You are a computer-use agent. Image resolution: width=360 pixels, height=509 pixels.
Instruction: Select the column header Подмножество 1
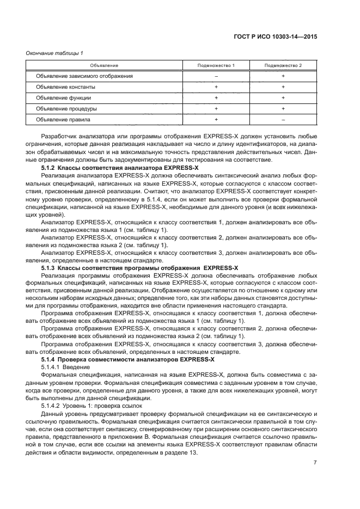pos(216,65)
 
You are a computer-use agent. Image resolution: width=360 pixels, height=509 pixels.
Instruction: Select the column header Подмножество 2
pos(283,65)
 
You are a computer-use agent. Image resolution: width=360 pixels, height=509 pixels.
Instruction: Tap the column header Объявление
pos(104,65)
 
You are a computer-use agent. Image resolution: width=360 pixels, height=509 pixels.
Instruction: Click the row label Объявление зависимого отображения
pos(84,76)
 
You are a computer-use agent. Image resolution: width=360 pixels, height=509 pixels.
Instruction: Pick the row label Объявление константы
pos(66,87)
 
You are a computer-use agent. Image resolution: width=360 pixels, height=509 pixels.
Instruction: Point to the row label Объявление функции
pos(64,97)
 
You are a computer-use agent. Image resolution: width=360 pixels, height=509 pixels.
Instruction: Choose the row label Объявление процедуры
pos(66,108)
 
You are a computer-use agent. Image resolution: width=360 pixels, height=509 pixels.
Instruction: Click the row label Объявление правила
pos(63,119)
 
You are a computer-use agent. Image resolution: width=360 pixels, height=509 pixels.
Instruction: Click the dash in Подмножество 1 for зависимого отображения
pos(216,76)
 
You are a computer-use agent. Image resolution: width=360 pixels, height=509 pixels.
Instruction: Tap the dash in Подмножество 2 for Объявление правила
pos(283,119)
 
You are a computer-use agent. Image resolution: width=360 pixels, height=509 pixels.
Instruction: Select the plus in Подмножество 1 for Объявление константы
pos(216,87)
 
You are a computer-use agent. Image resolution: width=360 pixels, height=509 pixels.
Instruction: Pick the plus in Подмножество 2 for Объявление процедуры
pos(283,108)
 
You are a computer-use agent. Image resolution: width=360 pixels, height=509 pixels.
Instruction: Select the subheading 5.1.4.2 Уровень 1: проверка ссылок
pos(91,406)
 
